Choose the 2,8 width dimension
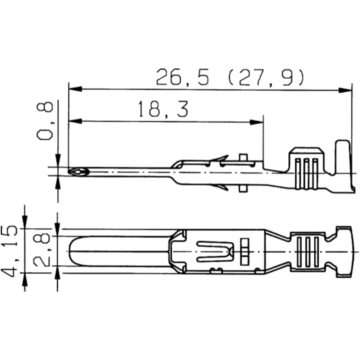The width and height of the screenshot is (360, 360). click(x=42, y=251)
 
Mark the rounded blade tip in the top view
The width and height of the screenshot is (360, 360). click(x=74, y=251)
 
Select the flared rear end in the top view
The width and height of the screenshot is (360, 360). click(x=344, y=251)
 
